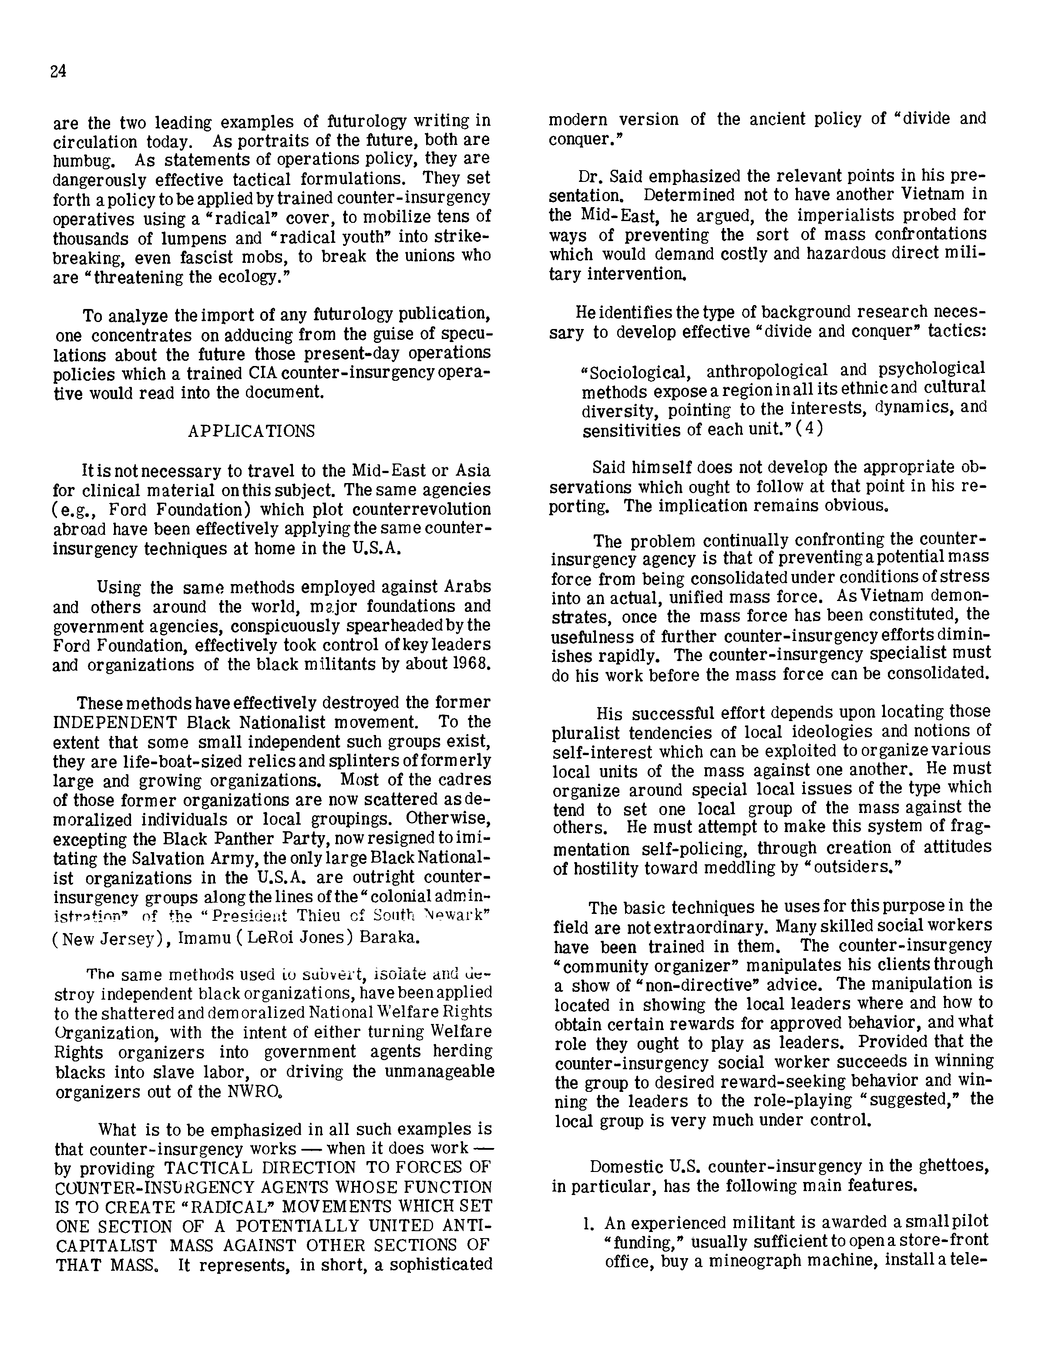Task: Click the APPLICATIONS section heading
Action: point(251,431)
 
